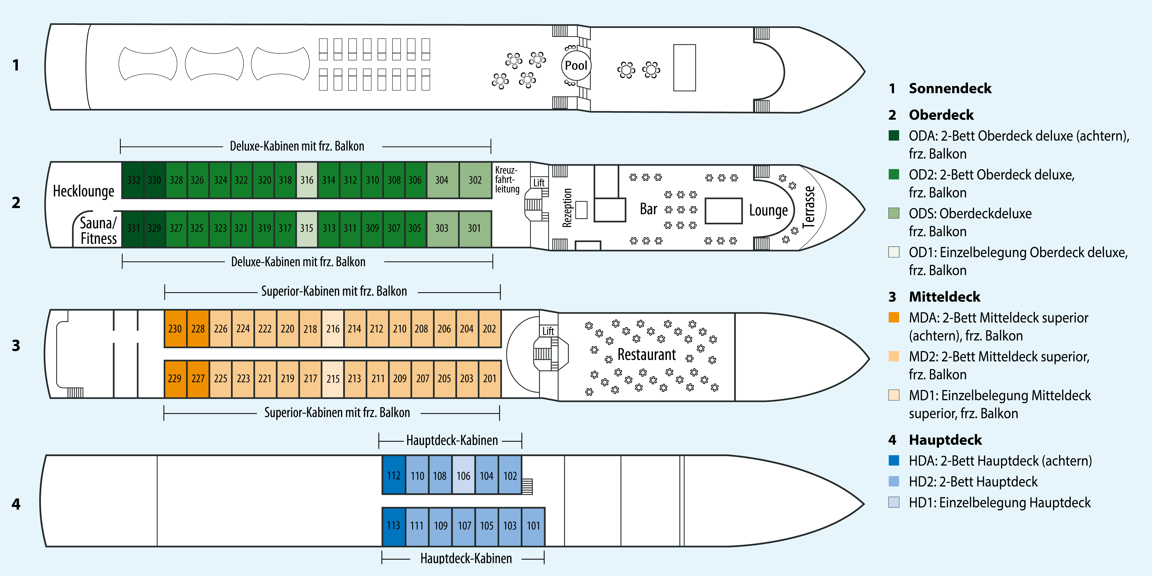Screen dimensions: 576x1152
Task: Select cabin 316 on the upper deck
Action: click(307, 180)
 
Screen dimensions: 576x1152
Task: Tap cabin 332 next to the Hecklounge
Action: click(133, 180)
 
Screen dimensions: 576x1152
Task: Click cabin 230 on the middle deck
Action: click(175, 329)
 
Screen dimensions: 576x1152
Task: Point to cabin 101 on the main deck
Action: click(533, 525)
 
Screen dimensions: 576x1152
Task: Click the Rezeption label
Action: click(567, 208)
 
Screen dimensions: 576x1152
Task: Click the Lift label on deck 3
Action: click(548, 331)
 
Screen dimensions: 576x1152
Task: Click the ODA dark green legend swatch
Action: click(893, 135)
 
